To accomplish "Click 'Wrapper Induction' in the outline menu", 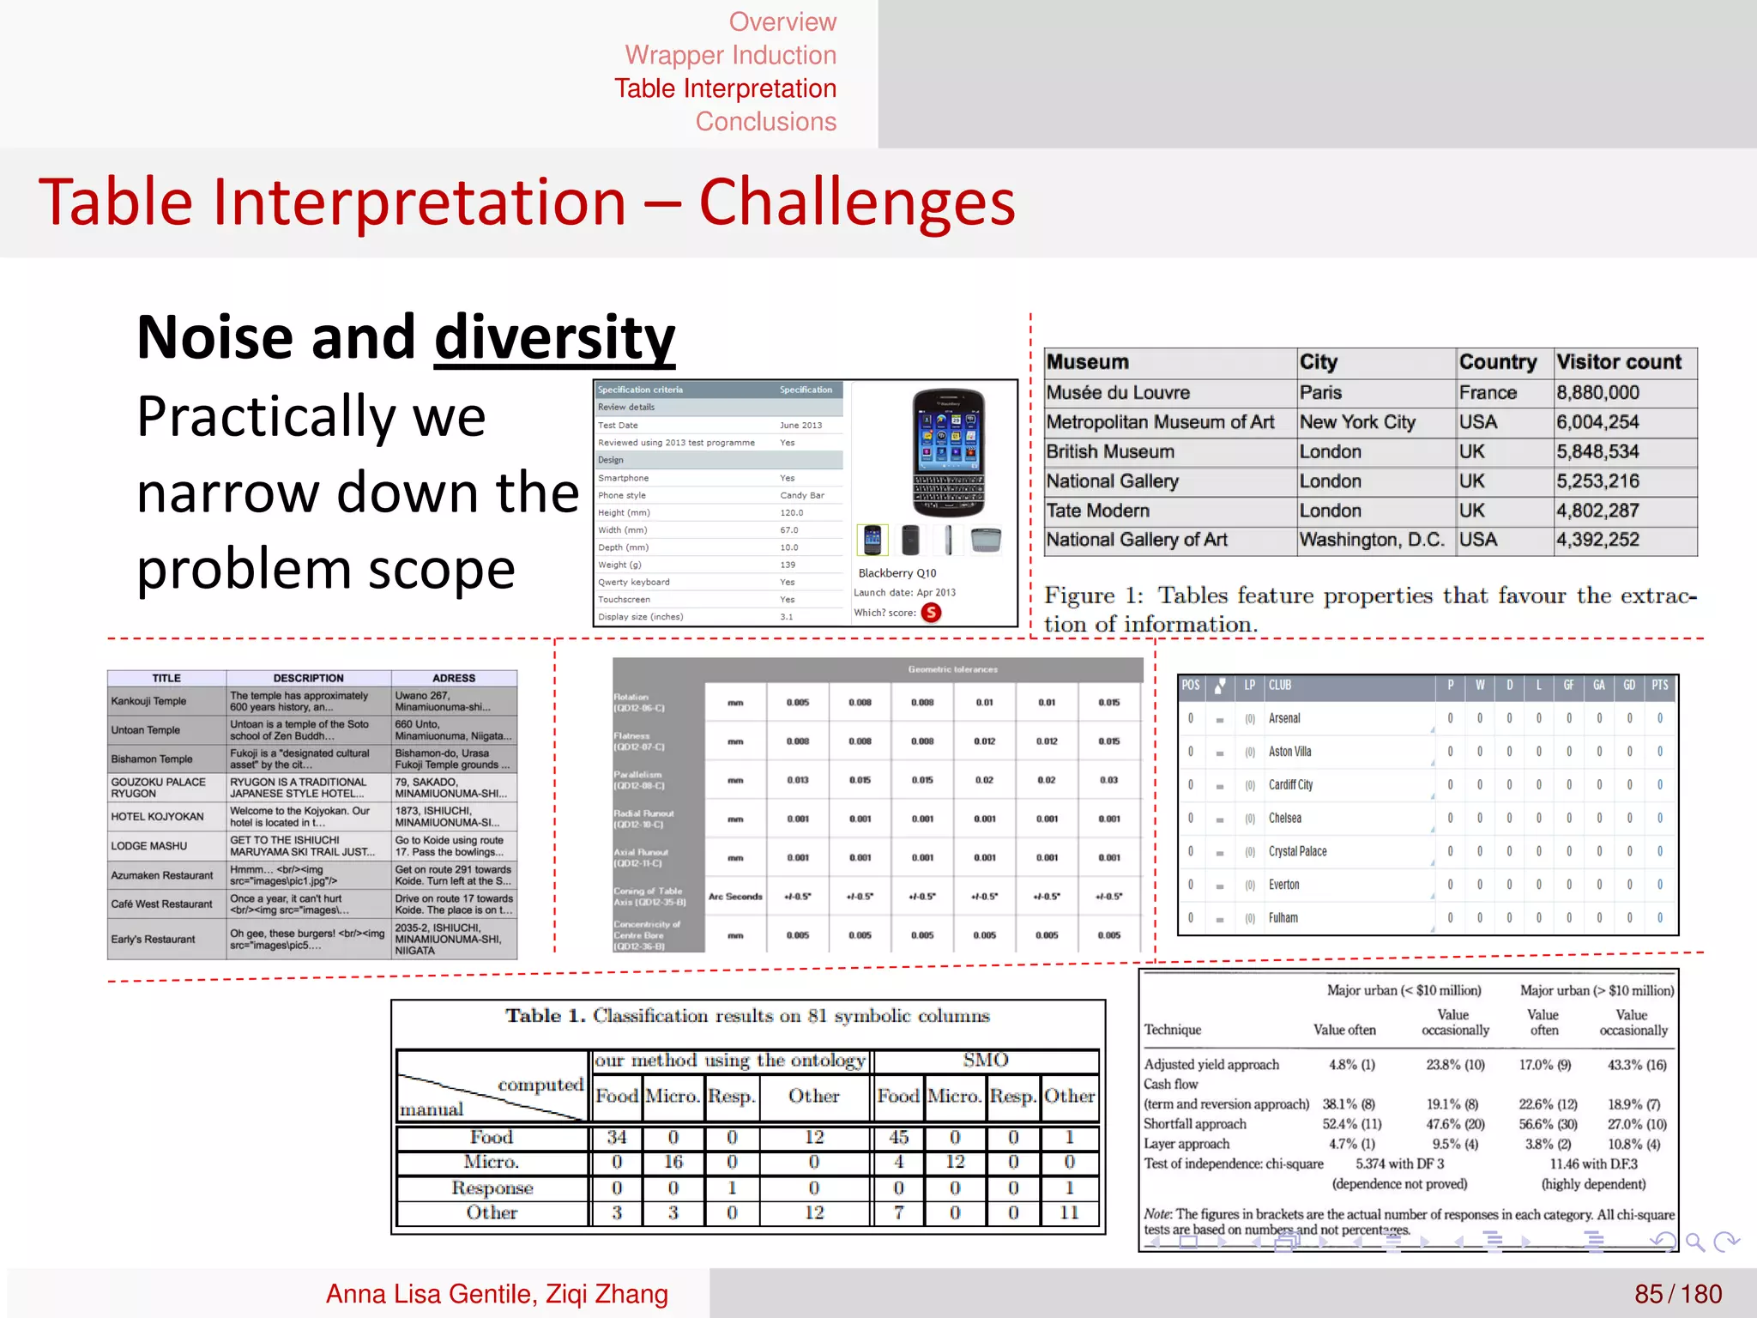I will pyautogui.click(x=730, y=55).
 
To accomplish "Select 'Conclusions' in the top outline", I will pyautogui.click(x=765, y=122).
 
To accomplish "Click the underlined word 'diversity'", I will pyautogui.click(x=554, y=337).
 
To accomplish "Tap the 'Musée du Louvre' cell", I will pyautogui.click(x=1118, y=393).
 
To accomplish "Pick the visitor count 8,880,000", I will pyautogui.click(x=1597, y=393).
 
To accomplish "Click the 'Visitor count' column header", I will pyautogui.click(x=1619, y=362).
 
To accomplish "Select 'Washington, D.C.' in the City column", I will pyautogui.click(x=1371, y=540).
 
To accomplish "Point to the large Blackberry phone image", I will pyautogui.click(x=947, y=452).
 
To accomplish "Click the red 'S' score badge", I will pyautogui.click(x=931, y=613).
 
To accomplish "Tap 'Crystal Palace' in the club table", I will pyautogui.click(x=1297, y=851).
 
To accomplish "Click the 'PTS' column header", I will pyautogui.click(x=1660, y=685).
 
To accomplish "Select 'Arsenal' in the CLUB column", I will pyautogui.click(x=1284, y=718).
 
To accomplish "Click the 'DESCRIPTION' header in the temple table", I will pyautogui.click(x=308, y=678).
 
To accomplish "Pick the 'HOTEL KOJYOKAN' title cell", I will pyautogui.click(x=157, y=817).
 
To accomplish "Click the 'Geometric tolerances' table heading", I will pyautogui.click(x=952, y=669).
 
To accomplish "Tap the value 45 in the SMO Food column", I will pyautogui.click(x=898, y=1137).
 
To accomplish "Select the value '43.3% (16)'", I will pyautogui.click(x=1636, y=1065).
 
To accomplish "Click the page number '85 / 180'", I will pyautogui.click(x=1677, y=1294).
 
